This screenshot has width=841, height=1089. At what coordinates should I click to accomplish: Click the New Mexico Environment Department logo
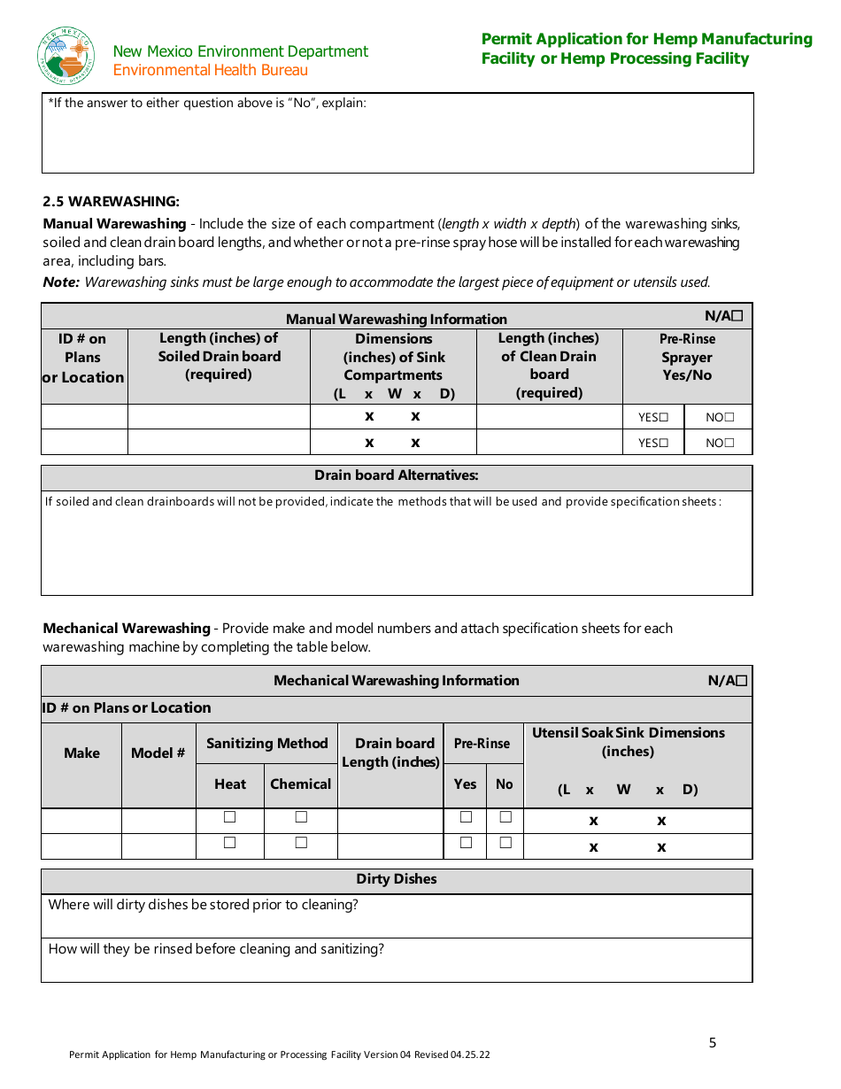pyautogui.click(x=66, y=56)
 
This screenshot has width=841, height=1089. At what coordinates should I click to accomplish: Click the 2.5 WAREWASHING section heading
pyautogui.click(x=112, y=202)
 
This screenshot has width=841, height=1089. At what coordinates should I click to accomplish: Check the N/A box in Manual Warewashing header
pyautogui.click(x=737, y=315)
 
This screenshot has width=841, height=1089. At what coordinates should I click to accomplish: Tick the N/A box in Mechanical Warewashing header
pyautogui.click(x=742, y=680)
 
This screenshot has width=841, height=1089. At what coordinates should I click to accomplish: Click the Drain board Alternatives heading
pyautogui.click(x=396, y=475)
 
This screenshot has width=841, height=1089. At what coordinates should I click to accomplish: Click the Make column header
pyautogui.click(x=81, y=753)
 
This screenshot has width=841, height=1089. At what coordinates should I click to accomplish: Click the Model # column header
pyautogui.click(x=158, y=753)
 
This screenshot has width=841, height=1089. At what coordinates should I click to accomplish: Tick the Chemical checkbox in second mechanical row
pyautogui.click(x=301, y=843)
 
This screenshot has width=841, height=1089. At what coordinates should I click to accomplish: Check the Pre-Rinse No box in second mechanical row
pyautogui.click(x=505, y=843)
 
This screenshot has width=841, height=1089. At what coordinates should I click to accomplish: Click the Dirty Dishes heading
pyautogui.click(x=396, y=879)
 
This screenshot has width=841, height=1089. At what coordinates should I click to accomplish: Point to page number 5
pyautogui.click(x=713, y=1043)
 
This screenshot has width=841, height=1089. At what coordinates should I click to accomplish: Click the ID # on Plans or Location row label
pyautogui.click(x=127, y=707)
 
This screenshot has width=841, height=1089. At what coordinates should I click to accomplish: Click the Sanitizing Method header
pyautogui.click(x=266, y=744)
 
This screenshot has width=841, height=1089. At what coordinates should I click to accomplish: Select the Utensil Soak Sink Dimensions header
pyautogui.click(x=628, y=742)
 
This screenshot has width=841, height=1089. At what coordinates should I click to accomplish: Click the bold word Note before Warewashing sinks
pyautogui.click(x=61, y=282)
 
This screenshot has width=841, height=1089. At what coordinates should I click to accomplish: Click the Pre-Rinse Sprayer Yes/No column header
pyautogui.click(x=687, y=357)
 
